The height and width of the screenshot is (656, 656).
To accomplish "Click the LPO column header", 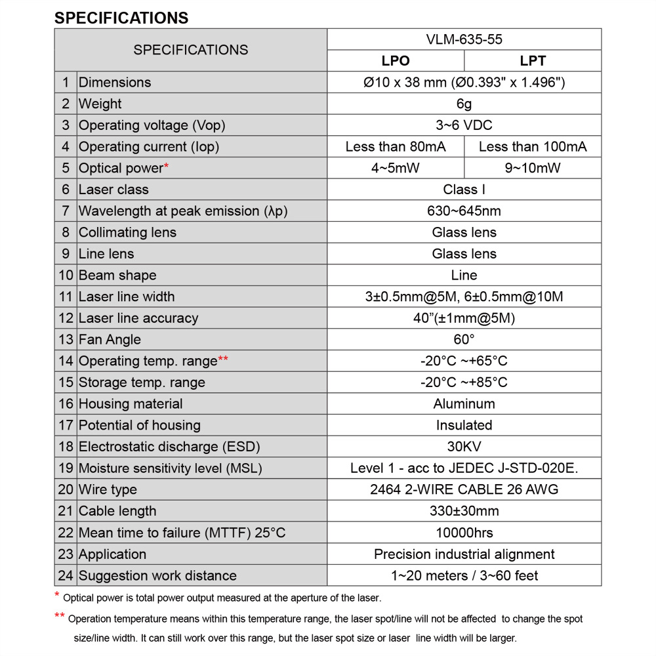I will [x=396, y=61].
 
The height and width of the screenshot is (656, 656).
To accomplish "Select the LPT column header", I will [x=533, y=61].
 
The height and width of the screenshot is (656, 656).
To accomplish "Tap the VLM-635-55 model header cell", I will [x=464, y=39].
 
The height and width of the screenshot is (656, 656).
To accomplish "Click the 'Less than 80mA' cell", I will [x=396, y=147].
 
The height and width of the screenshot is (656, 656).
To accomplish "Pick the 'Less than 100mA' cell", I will [x=533, y=147].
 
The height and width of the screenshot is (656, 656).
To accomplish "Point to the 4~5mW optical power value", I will [x=396, y=168].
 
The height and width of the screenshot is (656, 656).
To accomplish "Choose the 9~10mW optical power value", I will [x=533, y=168].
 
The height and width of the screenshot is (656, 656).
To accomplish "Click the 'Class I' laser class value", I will [x=464, y=190].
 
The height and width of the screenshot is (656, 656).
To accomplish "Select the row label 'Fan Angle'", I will [x=110, y=340].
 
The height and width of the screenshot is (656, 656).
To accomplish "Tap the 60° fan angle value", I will [x=464, y=340].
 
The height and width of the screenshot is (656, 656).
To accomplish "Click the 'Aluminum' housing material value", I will [x=464, y=404].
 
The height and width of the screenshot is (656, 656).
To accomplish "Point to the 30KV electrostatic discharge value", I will [x=464, y=447].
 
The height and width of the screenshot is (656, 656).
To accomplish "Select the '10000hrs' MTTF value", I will [x=464, y=533].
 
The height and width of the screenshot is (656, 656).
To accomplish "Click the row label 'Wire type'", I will [x=108, y=489].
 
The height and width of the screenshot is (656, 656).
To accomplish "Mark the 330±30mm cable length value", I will [x=464, y=511].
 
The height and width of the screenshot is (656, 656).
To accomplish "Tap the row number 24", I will [x=66, y=575].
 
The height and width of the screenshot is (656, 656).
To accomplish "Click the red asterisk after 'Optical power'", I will [x=167, y=166].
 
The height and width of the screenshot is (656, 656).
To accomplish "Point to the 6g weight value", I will [x=464, y=104].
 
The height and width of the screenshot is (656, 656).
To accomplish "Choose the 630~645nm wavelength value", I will [x=464, y=211].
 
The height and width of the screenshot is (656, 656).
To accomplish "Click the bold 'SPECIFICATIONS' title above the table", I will [x=121, y=18].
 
